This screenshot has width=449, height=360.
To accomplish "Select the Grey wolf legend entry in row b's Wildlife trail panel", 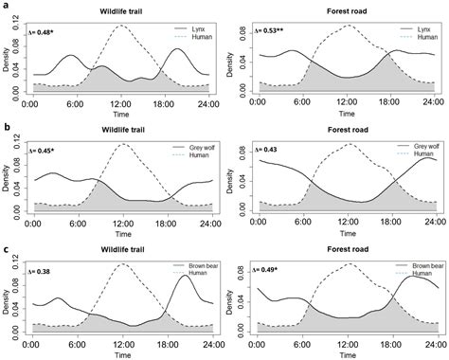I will [192, 149].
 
